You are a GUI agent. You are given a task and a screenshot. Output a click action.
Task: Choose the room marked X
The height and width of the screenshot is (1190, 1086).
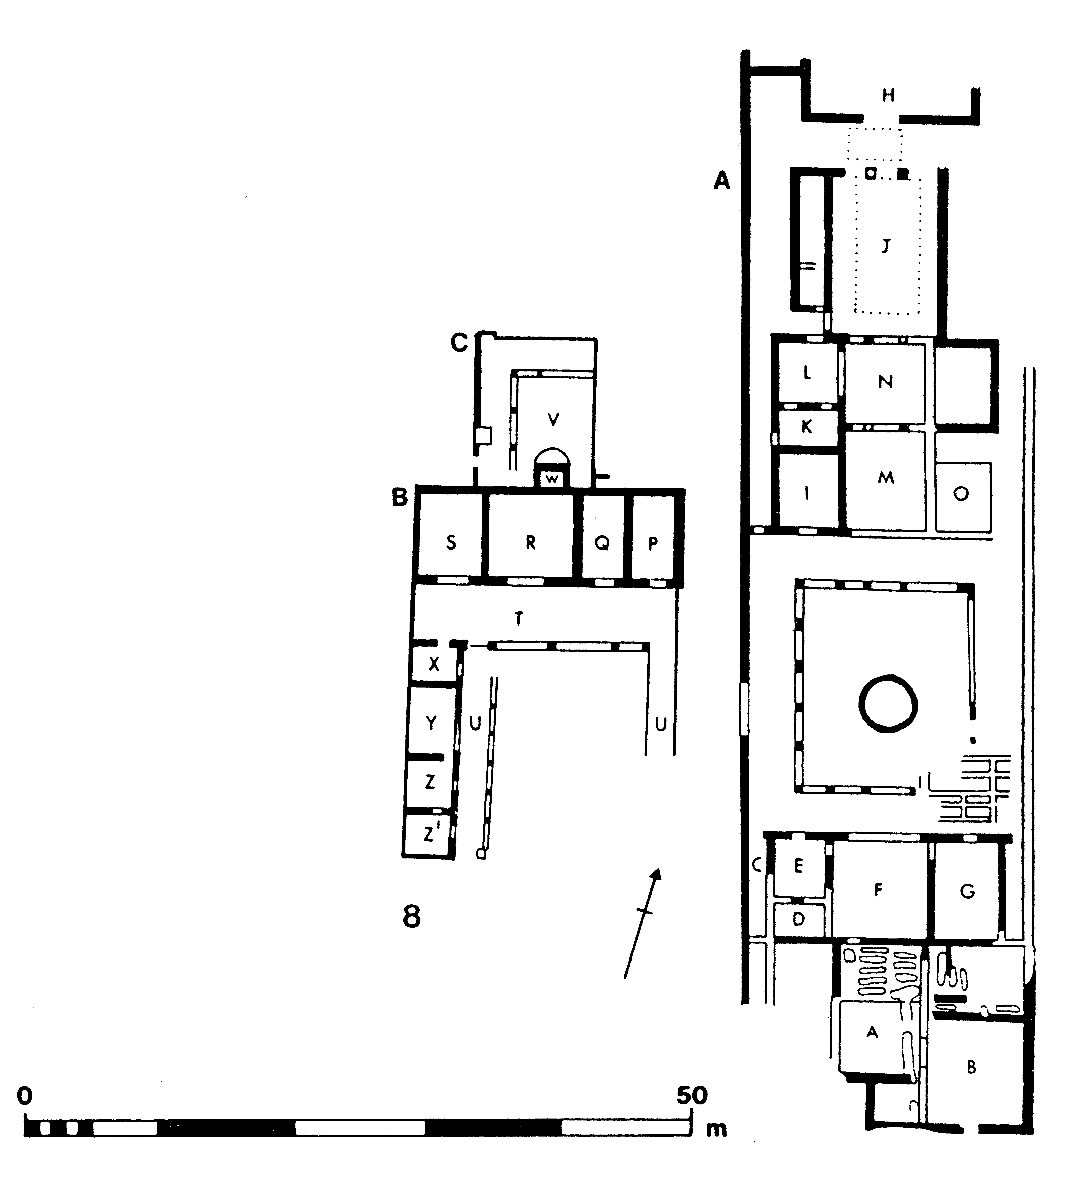[x=434, y=664]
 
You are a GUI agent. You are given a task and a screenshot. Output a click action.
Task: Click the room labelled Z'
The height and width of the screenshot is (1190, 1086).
[x=429, y=834]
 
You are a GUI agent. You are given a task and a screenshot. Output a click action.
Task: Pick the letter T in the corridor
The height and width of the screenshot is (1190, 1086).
[x=518, y=619]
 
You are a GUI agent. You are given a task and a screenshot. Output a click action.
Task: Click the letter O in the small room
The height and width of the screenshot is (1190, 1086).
[x=961, y=493]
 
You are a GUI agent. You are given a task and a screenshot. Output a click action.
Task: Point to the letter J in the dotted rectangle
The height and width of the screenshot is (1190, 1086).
[x=885, y=245]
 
